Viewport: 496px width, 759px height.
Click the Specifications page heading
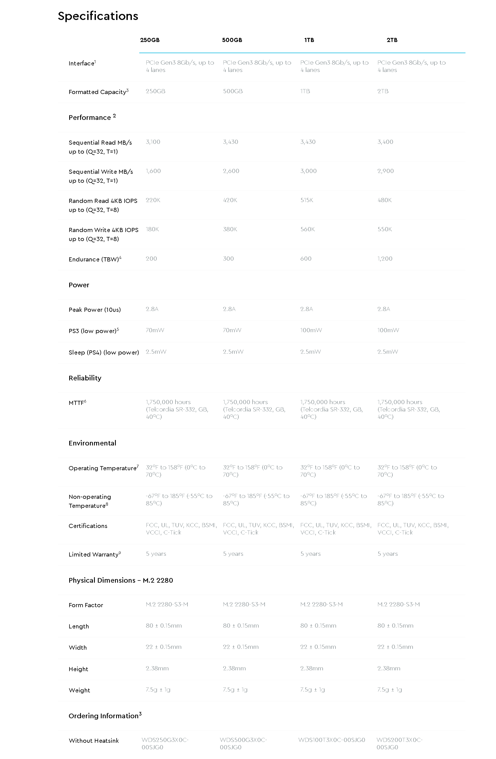tap(98, 16)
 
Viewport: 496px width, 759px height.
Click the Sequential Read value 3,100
tap(153, 142)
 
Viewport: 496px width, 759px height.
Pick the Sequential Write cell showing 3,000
tap(308, 171)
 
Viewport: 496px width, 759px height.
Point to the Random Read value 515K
tap(307, 200)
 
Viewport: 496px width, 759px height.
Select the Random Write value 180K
tap(152, 229)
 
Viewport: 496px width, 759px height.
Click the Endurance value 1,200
tap(385, 259)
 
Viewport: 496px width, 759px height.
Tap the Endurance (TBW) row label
tap(95, 259)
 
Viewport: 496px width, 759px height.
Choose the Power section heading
tap(79, 285)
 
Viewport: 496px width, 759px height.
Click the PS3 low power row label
tap(93, 331)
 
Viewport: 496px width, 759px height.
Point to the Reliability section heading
tap(85, 378)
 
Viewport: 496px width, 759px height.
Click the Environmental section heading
tap(92, 443)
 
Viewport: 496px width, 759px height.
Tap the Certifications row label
tap(88, 526)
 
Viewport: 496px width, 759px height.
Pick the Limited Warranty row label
tap(95, 554)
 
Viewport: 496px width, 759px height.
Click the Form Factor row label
tap(86, 605)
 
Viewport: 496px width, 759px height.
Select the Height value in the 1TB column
tap(311, 668)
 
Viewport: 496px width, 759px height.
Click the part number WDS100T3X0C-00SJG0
tap(332, 740)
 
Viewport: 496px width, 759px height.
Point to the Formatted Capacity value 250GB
tap(155, 91)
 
